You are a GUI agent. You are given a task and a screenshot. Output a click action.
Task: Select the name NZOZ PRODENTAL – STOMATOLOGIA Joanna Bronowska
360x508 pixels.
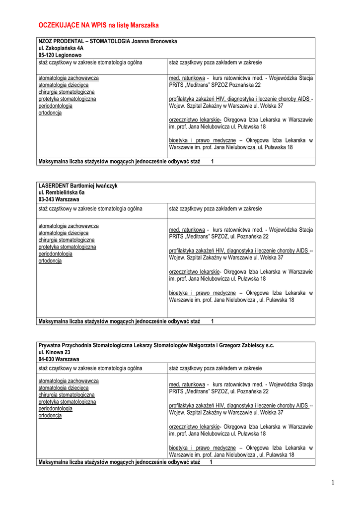pyautogui.click(x=108, y=41)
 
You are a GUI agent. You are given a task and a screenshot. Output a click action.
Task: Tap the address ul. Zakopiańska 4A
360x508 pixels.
pyautogui.click(x=61, y=48)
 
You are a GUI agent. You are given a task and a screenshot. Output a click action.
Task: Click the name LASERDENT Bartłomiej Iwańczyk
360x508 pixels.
pyautogui.click(x=78, y=186)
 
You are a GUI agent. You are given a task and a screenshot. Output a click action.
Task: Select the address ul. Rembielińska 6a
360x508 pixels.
pyautogui.click(x=62, y=192)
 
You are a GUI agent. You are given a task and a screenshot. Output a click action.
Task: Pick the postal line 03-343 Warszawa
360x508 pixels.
pyautogui.click(x=59, y=199)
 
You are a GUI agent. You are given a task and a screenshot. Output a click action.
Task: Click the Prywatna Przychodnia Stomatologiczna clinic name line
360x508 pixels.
pyautogui.click(x=156, y=345)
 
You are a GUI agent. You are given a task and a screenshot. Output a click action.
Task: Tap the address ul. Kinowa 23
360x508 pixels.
pyautogui.click(x=55, y=352)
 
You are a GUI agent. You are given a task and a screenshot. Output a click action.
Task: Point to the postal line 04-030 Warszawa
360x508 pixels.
pyautogui.click(x=59, y=359)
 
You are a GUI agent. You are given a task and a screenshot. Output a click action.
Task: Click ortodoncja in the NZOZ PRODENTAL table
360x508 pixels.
pyautogui.click(x=50, y=113)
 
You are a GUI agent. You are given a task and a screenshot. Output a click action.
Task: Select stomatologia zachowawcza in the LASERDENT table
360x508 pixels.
pyautogui.click(x=69, y=226)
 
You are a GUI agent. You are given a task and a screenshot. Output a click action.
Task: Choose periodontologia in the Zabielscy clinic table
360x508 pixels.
pyautogui.click(x=56, y=409)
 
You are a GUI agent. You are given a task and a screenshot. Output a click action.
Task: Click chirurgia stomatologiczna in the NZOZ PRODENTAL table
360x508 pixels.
pyautogui.click(x=67, y=92)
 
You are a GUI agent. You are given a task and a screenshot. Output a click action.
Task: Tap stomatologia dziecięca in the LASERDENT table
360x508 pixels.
pyautogui.click(x=64, y=233)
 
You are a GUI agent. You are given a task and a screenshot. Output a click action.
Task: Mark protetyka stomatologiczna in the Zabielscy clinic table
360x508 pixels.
pyautogui.click(x=68, y=402)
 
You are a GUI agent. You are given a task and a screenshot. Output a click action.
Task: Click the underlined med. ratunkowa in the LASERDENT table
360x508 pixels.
pyautogui.click(x=187, y=230)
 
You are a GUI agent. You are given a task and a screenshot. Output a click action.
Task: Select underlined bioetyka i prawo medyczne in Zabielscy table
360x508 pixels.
pyautogui.click(x=203, y=447)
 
